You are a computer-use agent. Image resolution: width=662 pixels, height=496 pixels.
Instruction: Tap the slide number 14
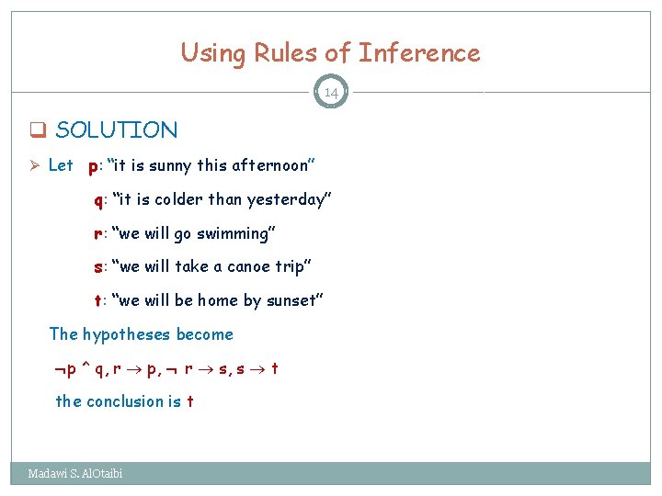tap(331, 93)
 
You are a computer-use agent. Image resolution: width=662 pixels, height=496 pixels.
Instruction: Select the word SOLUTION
tap(117, 130)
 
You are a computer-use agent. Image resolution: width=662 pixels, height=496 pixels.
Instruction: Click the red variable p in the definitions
tap(93, 167)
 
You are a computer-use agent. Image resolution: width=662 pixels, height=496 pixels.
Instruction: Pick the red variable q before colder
tap(97, 200)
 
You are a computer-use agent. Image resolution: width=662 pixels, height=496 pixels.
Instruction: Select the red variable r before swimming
tap(97, 233)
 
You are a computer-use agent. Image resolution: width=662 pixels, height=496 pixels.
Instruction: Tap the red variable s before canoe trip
tap(97, 267)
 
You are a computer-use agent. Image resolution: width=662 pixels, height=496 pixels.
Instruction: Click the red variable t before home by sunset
tap(97, 300)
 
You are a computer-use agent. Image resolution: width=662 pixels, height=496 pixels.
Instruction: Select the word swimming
tap(232, 233)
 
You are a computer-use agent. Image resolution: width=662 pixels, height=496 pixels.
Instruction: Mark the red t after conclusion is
tap(189, 401)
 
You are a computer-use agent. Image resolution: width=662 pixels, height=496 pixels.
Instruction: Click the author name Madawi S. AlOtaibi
tap(74, 474)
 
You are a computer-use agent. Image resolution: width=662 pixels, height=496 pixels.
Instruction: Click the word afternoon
tap(269, 166)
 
